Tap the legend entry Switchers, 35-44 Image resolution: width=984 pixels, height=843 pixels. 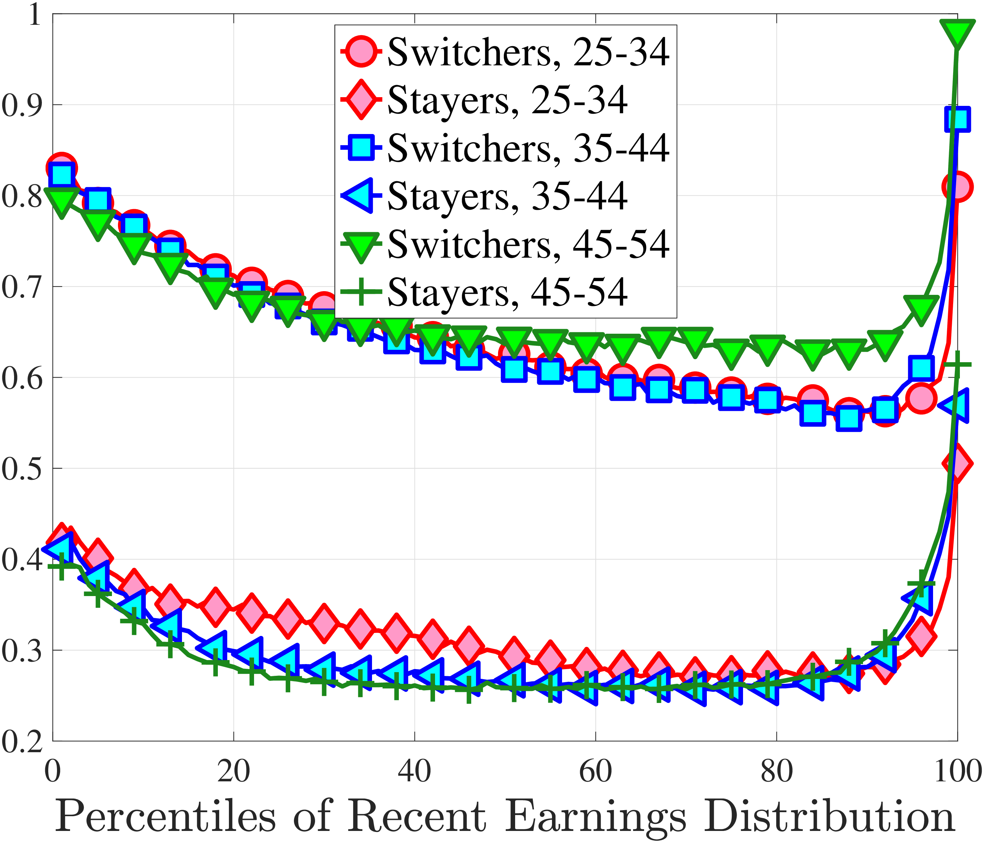tap(506, 148)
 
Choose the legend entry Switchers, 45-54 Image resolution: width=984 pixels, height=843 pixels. tap(506, 244)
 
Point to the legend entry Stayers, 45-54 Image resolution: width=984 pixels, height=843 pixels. tap(484, 292)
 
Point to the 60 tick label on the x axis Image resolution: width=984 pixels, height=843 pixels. tap(596, 771)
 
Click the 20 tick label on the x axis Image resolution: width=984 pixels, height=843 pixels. tap(233, 771)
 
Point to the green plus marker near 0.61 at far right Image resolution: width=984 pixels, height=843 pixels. tap(957, 365)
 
